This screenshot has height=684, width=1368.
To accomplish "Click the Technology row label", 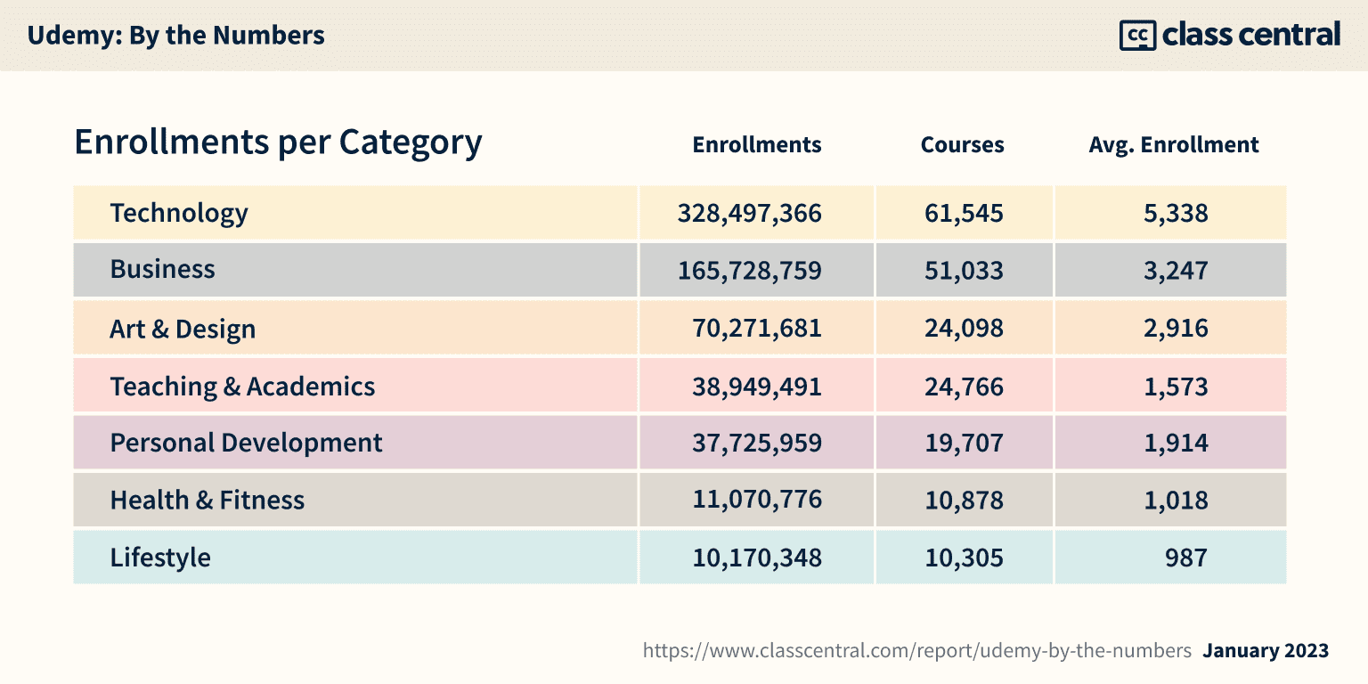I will (179, 214).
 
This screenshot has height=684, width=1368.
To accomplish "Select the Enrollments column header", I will (757, 145).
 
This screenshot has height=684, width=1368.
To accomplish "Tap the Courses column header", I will (962, 145).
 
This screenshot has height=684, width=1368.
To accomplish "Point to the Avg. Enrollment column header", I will (1173, 145).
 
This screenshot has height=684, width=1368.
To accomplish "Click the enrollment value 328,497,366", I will (749, 214).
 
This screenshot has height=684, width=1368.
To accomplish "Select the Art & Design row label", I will (183, 330).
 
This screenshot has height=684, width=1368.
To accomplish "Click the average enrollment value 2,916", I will (1176, 329).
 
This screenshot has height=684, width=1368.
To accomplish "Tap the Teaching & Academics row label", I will (242, 387).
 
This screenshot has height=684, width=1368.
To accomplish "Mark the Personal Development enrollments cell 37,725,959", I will (757, 443).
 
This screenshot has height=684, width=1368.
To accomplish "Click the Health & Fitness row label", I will (207, 501).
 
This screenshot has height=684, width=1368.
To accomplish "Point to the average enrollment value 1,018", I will (1176, 501).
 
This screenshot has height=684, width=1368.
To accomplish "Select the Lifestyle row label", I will (160, 558).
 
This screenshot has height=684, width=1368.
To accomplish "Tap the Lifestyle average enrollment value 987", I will (1185, 558).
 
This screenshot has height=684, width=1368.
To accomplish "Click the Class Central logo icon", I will (1136, 36).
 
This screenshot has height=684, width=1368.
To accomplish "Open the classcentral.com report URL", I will (916, 651).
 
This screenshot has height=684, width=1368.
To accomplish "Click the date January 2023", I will (1266, 651).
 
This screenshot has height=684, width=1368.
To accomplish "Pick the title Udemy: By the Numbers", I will (175, 36).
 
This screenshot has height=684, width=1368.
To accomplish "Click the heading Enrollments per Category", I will (278, 142).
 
